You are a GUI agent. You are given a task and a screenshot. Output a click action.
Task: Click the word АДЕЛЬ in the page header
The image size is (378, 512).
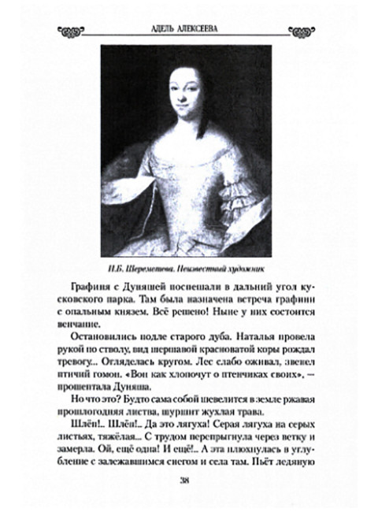coord(159,32)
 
